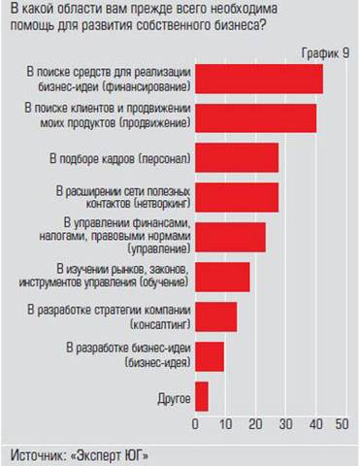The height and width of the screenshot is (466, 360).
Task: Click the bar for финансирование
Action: click(259, 78)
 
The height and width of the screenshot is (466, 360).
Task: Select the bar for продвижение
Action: click(256, 117)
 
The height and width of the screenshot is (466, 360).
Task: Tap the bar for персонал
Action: click(238, 157)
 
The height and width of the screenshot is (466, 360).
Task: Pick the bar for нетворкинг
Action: click(238, 197)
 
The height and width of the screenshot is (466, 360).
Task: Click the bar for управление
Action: click(231, 237)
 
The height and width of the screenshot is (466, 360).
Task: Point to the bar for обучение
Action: click(223, 277)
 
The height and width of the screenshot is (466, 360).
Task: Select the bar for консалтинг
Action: click(216, 316)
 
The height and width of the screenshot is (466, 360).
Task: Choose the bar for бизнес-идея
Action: click(210, 356)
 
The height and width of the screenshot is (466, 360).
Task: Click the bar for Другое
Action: click(202, 396)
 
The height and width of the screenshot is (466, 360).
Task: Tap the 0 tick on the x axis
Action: click(196, 424)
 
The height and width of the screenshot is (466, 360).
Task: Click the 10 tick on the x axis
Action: click(225, 424)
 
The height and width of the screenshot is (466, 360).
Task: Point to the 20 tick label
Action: click(254, 424)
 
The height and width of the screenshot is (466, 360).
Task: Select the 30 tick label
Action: click(284, 424)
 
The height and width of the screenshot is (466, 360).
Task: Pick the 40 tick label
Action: click(313, 424)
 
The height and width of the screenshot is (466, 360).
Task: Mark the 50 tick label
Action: click(343, 424)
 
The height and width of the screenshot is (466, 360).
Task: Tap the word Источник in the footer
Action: click(40, 453)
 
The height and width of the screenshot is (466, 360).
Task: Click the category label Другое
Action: click(173, 397)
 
